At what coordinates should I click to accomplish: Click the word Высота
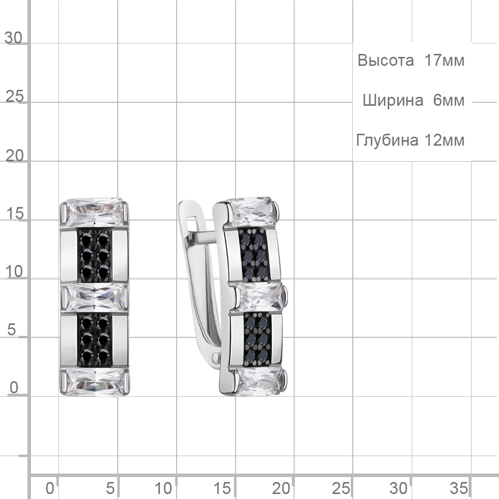(385, 60)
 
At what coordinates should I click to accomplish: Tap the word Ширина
(393, 101)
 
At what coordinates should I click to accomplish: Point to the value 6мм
(449, 101)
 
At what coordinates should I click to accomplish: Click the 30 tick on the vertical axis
(13, 38)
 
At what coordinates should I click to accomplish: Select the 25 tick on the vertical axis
(14, 96)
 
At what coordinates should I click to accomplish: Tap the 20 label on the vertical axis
(14, 156)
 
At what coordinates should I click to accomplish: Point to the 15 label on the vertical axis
(14, 214)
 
